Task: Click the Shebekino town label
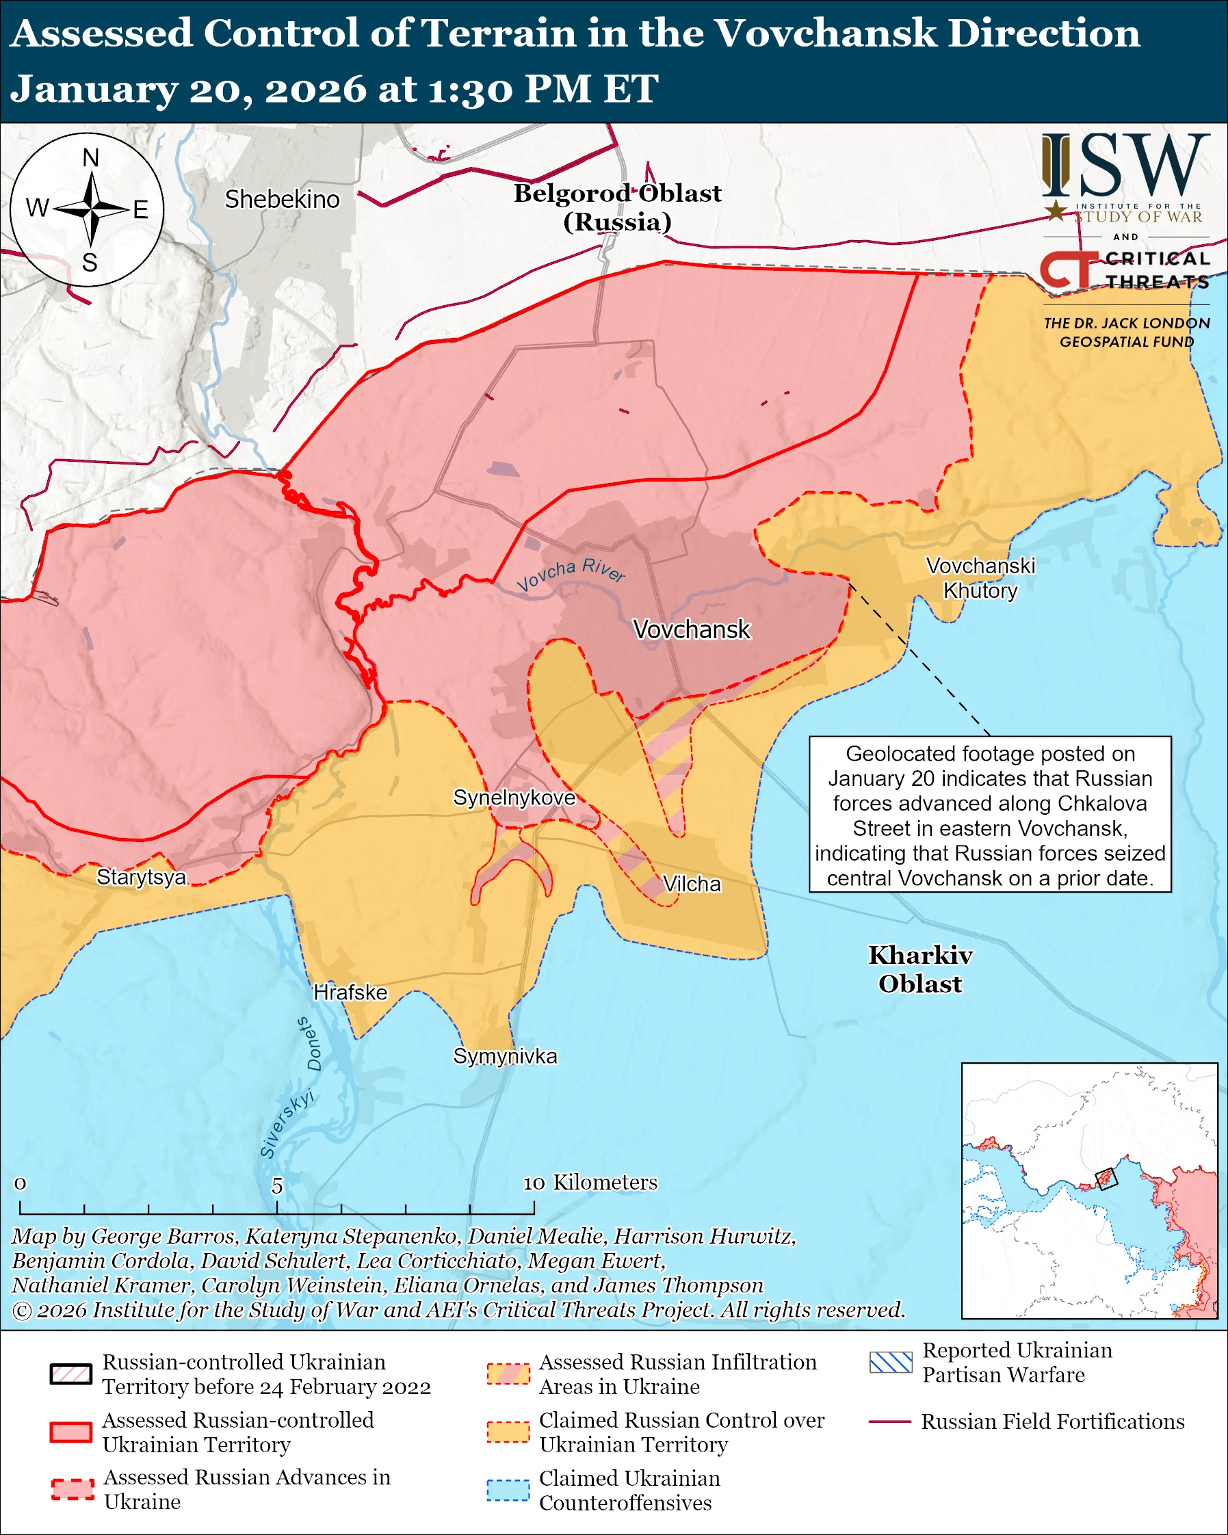point(282,199)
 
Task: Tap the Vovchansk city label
point(691,629)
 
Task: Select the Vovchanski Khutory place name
point(980,578)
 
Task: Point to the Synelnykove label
point(514,798)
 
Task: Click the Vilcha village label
point(691,884)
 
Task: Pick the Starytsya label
point(141,877)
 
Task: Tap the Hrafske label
point(350,993)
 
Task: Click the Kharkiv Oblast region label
point(919,969)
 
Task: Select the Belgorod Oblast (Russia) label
point(617,207)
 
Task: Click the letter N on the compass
point(90,158)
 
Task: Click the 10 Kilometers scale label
point(590,1183)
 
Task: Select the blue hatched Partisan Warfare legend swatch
point(890,1362)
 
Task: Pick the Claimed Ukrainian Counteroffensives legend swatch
point(508,1490)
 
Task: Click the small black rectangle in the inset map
point(1106,1179)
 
